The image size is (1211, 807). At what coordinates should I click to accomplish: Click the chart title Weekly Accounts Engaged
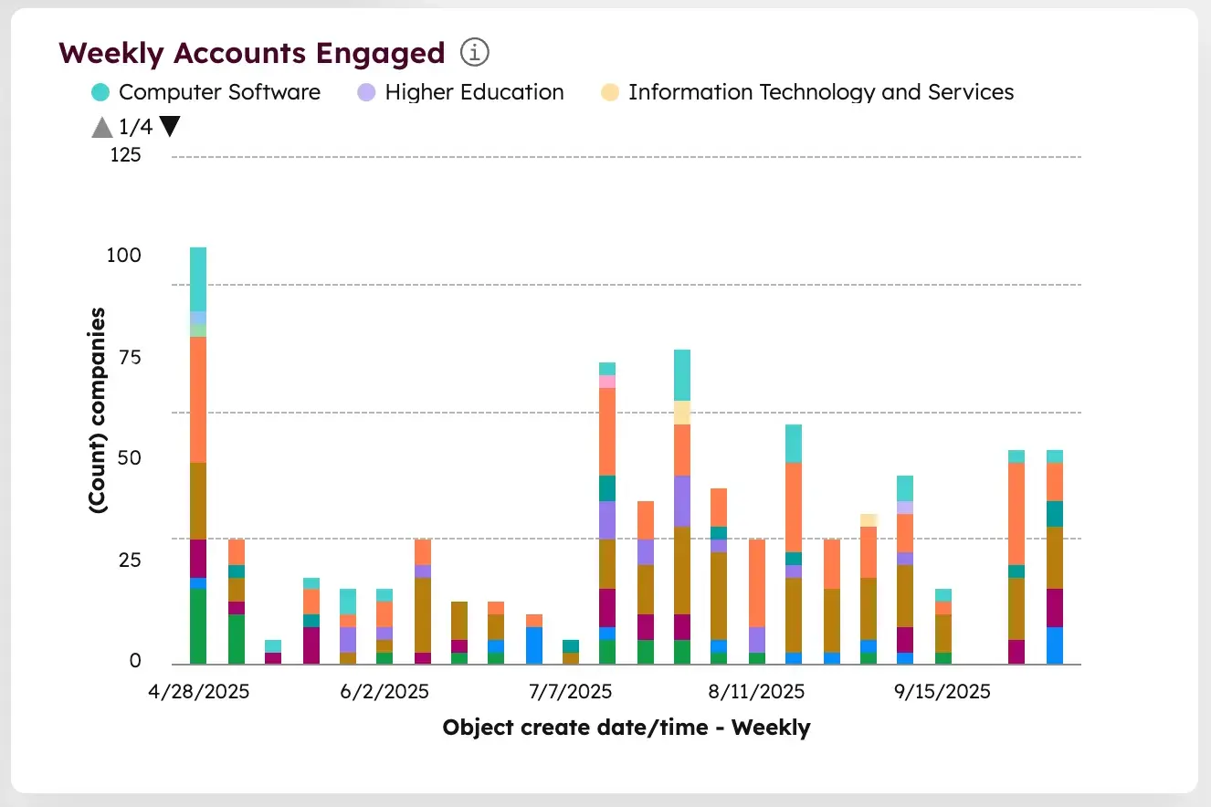(x=251, y=54)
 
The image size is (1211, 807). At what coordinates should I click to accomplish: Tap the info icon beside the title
(x=475, y=53)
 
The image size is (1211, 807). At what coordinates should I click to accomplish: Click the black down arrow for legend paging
(x=169, y=128)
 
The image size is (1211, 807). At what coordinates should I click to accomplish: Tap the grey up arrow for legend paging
(x=102, y=128)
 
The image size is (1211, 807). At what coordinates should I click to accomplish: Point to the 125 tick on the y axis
(x=126, y=155)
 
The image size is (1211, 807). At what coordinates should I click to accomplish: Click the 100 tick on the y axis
(x=123, y=256)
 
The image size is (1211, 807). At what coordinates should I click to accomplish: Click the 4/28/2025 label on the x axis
(x=199, y=692)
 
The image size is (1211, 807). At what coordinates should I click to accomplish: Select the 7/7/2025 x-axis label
(x=571, y=692)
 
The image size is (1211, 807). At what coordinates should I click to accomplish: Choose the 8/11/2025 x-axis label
(x=756, y=692)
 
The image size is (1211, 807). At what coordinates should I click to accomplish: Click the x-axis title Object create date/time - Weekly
(x=627, y=728)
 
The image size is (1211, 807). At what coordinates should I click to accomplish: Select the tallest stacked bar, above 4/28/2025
(x=198, y=456)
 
